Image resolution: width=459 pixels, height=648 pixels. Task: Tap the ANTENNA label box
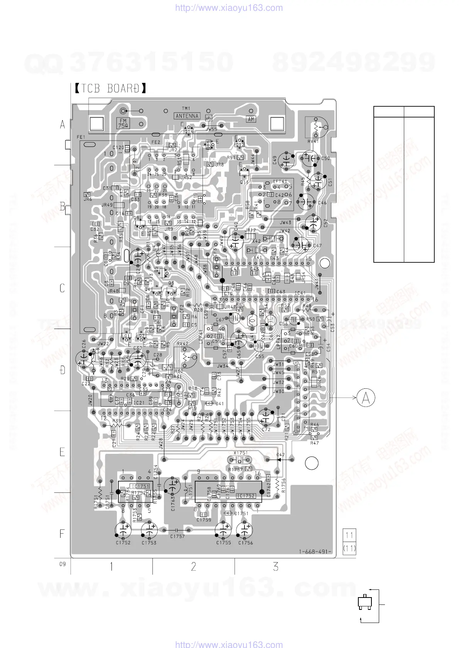point(187,116)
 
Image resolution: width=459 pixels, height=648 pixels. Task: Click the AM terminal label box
point(251,119)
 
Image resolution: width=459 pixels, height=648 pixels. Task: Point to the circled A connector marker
point(365,398)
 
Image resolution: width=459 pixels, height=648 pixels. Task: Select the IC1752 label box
point(246,495)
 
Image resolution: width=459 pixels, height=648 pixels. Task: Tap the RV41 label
point(313,141)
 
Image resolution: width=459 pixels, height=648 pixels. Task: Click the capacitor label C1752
point(123,542)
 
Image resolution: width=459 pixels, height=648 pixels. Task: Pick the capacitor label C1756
point(245,542)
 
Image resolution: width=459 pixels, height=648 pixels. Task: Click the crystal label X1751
point(240,453)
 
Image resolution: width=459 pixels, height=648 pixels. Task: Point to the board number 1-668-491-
point(315,551)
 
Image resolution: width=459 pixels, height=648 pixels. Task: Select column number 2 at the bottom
point(194,566)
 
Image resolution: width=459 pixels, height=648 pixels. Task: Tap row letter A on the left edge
point(62,124)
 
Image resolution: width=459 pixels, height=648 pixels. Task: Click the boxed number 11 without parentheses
point(349,535)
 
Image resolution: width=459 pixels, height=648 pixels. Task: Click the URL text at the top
point(229,8)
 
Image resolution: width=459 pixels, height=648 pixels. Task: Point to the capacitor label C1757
point(177,536)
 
